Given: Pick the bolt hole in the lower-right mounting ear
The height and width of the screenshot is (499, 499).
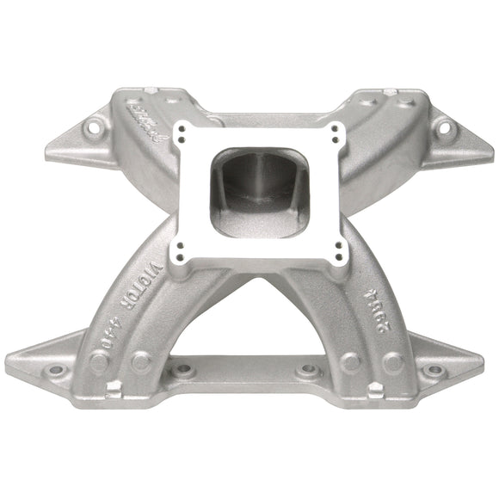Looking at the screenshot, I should click(440, 370).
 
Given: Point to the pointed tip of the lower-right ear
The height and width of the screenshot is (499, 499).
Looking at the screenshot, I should click(491, 367).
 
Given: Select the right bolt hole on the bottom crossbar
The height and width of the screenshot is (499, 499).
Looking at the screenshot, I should click(308, 371).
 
